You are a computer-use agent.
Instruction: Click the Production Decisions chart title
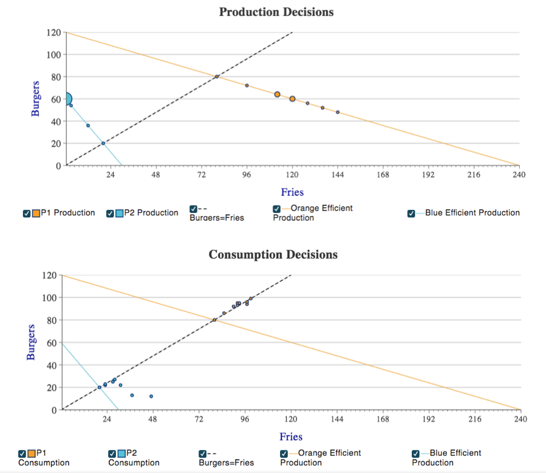[x=276, y=12]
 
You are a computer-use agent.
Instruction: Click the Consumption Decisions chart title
[x=273, y=255]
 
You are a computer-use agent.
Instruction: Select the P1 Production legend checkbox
[x=26, y=213]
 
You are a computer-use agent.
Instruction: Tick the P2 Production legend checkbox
[x=110, y=213]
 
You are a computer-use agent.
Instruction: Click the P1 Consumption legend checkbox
[x=23, y=453]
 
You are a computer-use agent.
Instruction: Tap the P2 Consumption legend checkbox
[x=113, y=453]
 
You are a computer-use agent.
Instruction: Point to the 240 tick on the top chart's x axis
[x=519, y=175]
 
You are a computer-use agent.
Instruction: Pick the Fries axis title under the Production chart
[x=292, y=192]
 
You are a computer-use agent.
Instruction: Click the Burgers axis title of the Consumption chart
[x=31, y=342]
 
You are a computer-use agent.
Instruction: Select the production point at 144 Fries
[x=338, y=112]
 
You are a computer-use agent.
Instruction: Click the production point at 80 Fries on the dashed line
[x=217, y=77]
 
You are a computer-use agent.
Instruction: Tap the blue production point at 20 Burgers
[x=103, y=143]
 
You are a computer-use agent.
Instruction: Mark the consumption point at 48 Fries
[x=151, y=396]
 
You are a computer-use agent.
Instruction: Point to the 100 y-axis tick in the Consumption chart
[x=50, y=298]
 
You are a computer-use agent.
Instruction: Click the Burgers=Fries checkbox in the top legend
[x=193, y=209]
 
